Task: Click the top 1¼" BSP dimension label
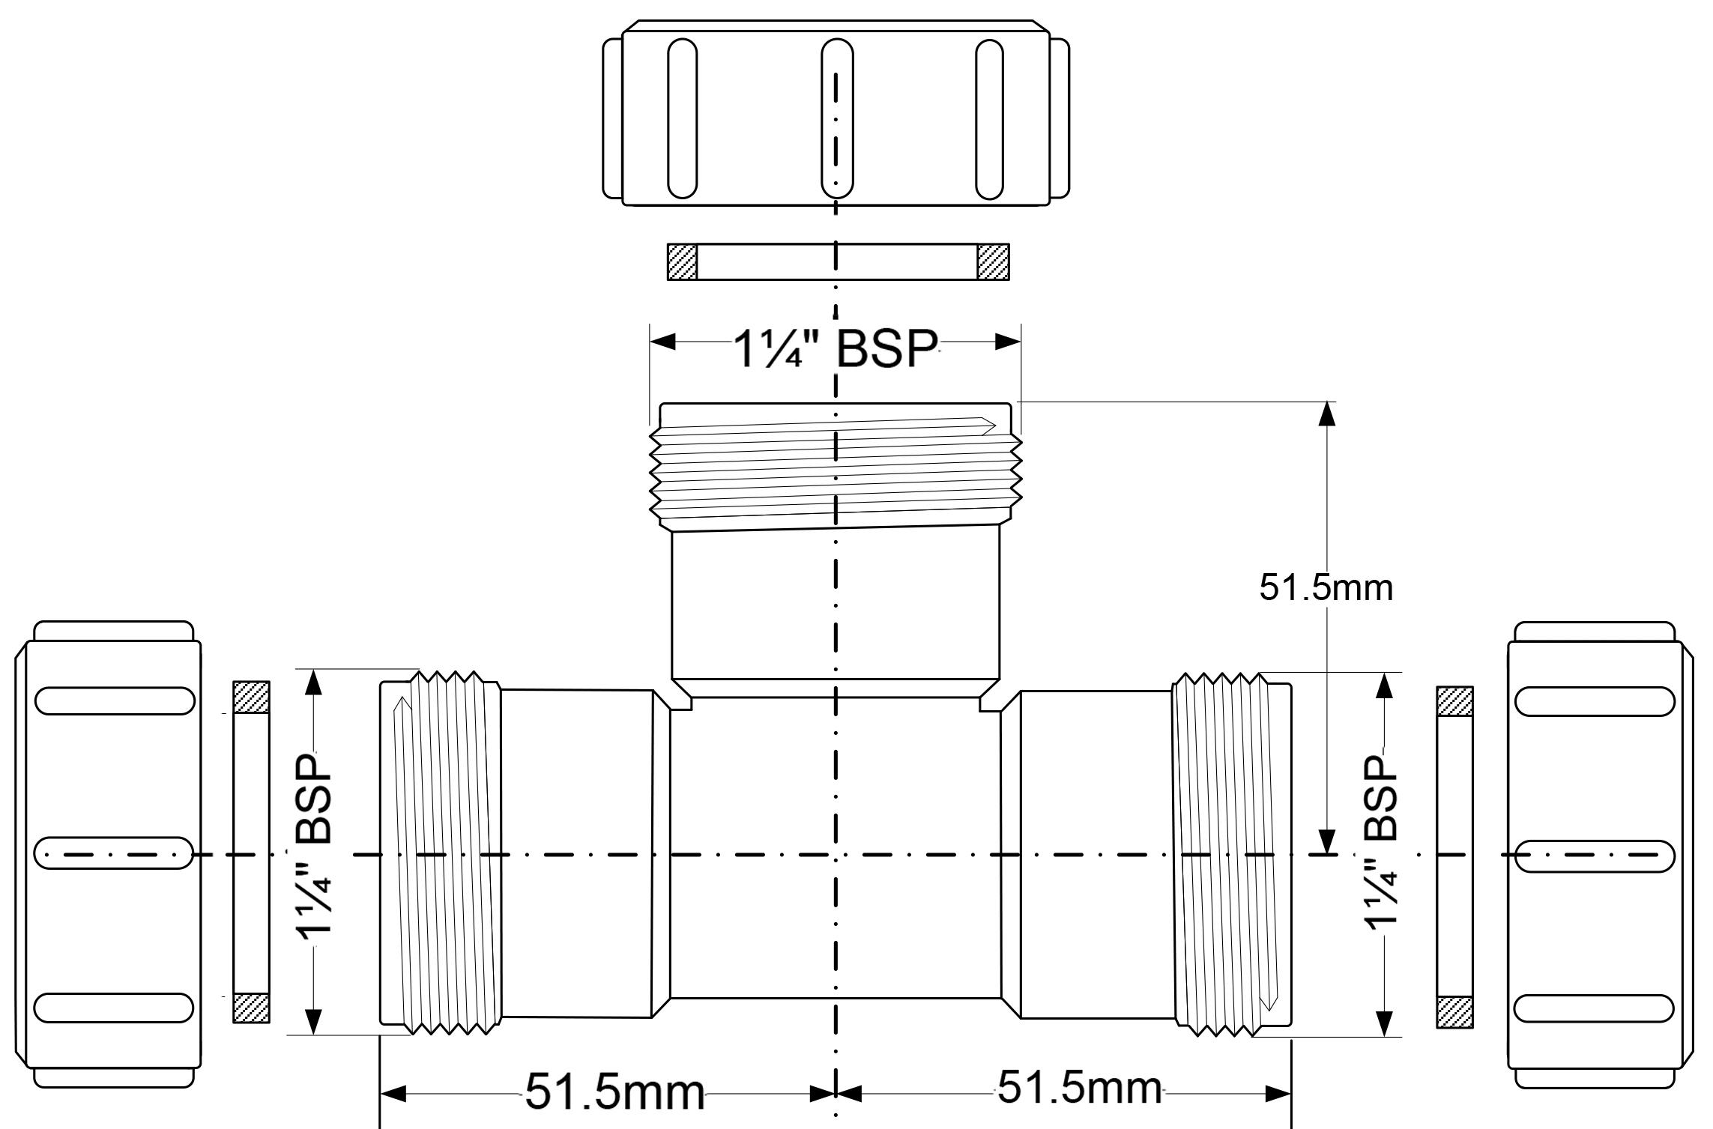[x=836, y=348]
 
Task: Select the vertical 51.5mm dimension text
[x=1326, y=588]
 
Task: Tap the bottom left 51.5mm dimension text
[x=614, y=1092]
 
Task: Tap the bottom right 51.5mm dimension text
[x=1079, y=1087]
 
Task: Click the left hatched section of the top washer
[x=682, y=261]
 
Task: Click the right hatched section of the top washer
[x=993, y=261]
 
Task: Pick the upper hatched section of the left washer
[x=251, y=697]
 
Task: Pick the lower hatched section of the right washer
[x=1454, y=1012]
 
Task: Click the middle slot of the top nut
[x=836, y=118]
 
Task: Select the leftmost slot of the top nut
[x=682, y=118]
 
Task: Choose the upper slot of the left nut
[x=115, y=700]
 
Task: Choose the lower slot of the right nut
[x=1595, y=1008]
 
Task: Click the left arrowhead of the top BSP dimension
[x=662, y=342]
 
